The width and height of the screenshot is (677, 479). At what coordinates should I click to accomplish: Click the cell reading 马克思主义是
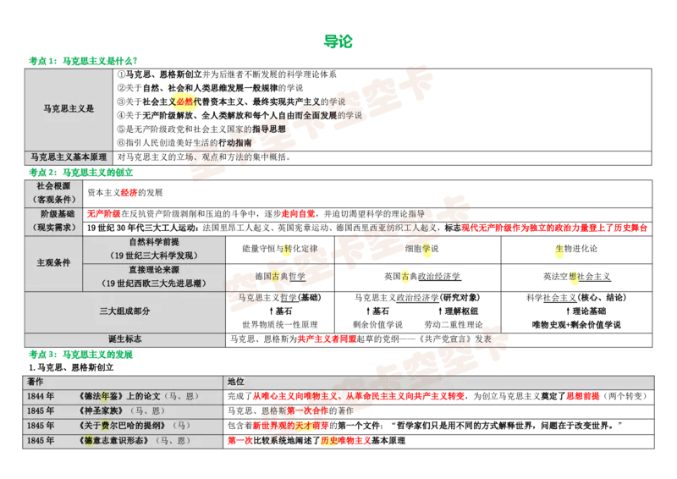coord(69,109)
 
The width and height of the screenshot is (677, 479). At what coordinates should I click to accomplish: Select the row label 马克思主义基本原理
coord(69,157)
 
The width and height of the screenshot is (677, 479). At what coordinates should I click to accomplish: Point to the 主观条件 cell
coord(53,262)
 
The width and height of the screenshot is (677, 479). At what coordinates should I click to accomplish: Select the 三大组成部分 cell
coord(124,311)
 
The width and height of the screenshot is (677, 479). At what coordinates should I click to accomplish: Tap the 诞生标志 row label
coord(124,339)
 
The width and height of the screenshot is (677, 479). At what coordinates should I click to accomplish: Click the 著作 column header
coord(36,382)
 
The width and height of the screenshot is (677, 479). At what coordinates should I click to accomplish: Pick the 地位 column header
coord(236,382)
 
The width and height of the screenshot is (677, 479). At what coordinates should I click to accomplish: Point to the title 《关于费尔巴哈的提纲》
coord(122,426)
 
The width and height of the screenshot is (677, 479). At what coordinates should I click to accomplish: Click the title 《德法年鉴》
coord(100,396)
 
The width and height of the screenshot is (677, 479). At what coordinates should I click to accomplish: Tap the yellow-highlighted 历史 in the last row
coord(328,441)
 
